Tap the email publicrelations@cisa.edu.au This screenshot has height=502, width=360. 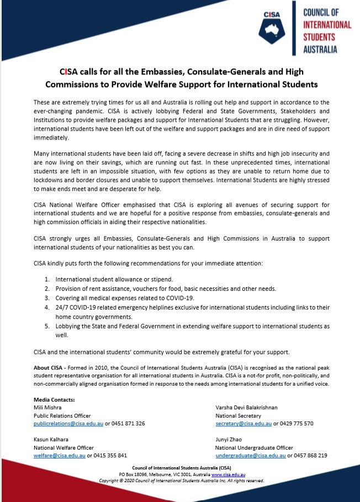coord(68,423)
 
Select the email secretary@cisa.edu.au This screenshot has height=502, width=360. coord(243,423)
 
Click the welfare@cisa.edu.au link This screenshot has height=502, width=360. coord(57,455)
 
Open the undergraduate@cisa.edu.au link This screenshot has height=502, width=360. coord(250,455)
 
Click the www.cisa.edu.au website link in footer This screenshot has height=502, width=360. coord(228,474)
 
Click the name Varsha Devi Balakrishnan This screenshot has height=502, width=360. coord(246,407)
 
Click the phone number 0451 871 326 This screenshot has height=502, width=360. coord(129,423)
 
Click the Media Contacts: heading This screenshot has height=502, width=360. coord(54,399)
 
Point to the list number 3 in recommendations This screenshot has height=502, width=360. coord(47,298)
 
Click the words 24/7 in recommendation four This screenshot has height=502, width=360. coord(62,308)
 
